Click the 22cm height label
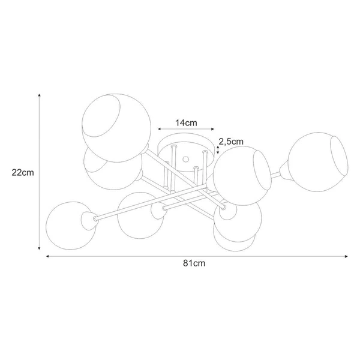tap(22, 172)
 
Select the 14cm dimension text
tap(186, 122)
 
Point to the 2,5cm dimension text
tap(231, 142)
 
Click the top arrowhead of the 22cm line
tap(39, 95)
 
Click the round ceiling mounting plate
tap(187, 151)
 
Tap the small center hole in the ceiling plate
tap(186, 160)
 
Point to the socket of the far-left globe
tap(93, 218)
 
